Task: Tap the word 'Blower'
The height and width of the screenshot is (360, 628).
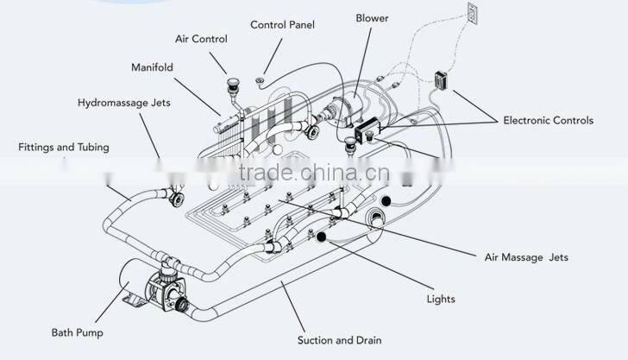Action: click(x=371, y=18)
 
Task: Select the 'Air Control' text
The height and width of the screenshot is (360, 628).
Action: click(x=201, y=40)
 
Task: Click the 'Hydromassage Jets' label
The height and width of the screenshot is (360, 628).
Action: click(x=124, y=103)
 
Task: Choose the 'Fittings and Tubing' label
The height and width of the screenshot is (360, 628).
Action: click(x=63, y=148)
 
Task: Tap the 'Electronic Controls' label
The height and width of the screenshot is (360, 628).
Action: click(x=549, y=121)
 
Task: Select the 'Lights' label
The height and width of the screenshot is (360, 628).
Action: click(x=441, y=300)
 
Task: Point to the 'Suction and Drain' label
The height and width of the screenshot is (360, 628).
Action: click(x=339, y=339)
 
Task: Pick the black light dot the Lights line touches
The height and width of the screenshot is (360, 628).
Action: click(x=322, y=235)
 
